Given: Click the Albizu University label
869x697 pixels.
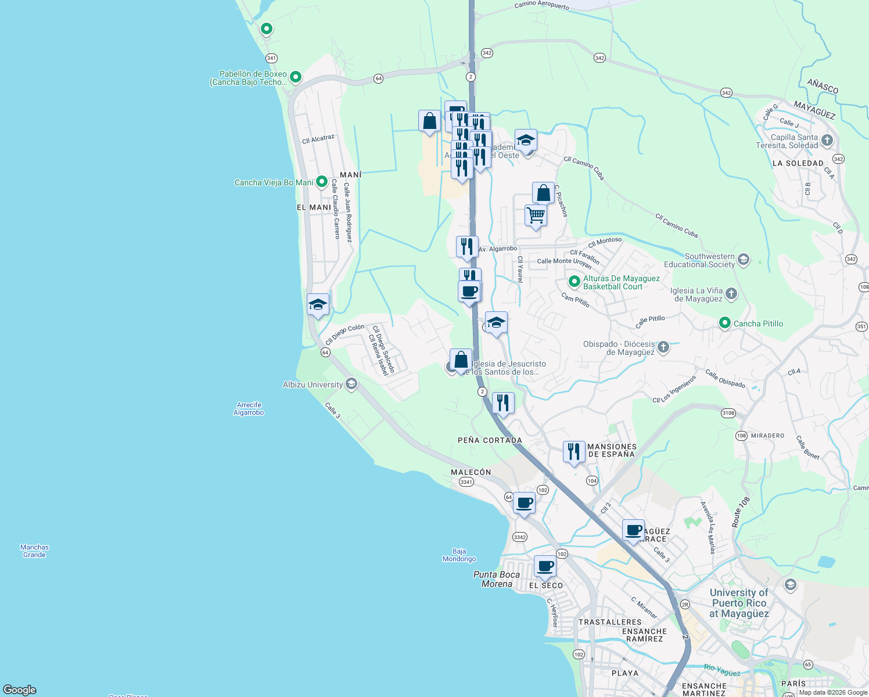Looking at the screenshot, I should (313, 385).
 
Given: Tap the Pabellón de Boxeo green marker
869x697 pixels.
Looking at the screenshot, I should (296, 77).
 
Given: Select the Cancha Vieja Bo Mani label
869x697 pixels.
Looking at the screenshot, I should (274, 182).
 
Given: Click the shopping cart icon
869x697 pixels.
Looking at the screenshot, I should (536, 215).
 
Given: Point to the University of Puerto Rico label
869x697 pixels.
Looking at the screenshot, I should (739, 603).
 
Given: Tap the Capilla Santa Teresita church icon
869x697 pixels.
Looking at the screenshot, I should (827, 141).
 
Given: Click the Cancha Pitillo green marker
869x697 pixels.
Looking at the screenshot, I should (724, 323).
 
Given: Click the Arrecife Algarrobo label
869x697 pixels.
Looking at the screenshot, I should (249, 409).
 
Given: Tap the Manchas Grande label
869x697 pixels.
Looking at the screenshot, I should (35, 551).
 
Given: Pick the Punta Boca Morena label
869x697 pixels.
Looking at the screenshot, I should (497, 579).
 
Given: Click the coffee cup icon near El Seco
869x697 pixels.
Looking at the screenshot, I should (545, 566).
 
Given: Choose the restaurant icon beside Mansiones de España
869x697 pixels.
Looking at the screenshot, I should (574, 451).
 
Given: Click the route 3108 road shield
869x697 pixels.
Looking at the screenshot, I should (728, 413).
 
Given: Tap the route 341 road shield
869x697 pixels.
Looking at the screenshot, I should (271, 58).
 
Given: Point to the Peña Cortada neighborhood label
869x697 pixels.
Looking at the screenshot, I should (490, 440).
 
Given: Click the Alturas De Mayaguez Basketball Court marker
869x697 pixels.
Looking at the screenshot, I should (574, 282).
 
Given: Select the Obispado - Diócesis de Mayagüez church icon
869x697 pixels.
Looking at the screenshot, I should (663, 347).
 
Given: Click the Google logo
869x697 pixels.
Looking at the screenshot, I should (20, 689).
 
